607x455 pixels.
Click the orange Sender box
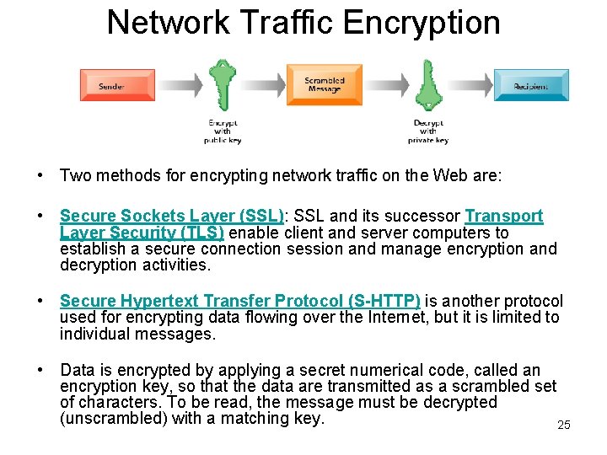pos(117,86)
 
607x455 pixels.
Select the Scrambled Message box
pos(325,85)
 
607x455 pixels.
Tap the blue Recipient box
pos(530,86)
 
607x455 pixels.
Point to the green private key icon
pos(428,85)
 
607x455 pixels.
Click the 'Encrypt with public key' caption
pos(223,131)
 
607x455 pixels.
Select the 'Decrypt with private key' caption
pos(428,131)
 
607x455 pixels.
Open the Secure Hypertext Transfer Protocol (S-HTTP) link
pos(240,301)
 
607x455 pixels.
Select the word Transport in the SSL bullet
pos(504,217)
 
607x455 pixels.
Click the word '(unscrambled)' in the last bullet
pos(112,418)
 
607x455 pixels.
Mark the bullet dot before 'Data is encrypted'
pos(40,371)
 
